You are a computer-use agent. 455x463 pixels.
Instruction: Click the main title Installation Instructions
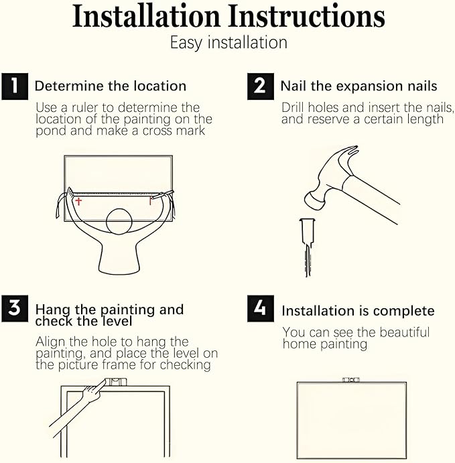(228, 16)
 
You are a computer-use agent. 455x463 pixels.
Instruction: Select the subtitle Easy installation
(228, 43)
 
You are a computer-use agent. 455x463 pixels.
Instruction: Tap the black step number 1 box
(15, 86)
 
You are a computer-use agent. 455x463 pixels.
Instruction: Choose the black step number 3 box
(15, 309)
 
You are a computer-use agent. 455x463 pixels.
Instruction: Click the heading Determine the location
(111, 86)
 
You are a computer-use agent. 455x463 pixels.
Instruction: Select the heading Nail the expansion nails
(359, 86)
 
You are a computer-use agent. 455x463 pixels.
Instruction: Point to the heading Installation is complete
(358, 311)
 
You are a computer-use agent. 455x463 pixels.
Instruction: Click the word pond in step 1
(51, 131)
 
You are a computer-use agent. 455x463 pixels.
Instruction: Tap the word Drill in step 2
(294, 108)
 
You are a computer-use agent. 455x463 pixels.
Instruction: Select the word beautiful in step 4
(402, 332)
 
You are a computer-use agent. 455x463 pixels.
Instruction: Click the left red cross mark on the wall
(78, 201)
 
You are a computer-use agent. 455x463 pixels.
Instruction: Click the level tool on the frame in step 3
(116, 383)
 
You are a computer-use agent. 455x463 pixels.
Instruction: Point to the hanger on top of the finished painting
(351, 379)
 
